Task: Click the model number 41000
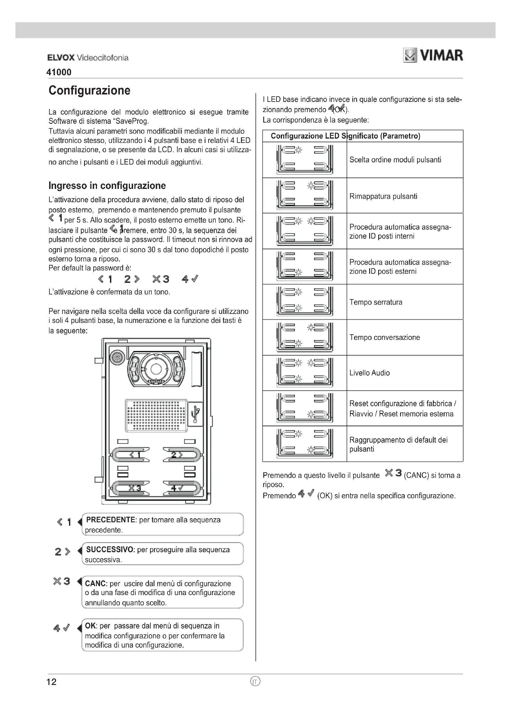tap(59, 72)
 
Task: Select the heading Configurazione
tap(89, 90)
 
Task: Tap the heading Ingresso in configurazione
tap(107, 186)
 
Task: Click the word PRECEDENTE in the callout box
tap(110, 520)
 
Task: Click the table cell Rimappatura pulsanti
tap(383, 196)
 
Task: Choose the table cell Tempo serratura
tap(376, 302)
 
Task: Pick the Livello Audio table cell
tap(370, 373)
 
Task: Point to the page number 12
tap(51, 682)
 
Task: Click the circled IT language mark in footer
tap(255, 682)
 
